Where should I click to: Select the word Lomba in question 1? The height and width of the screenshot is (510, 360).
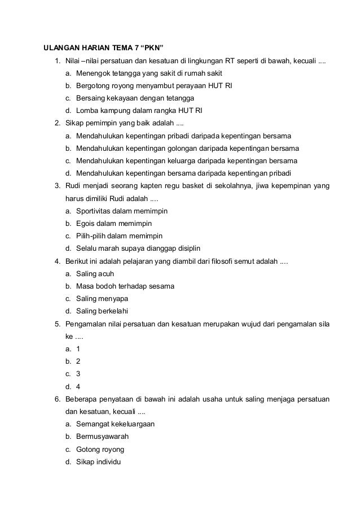(x=87, y=110)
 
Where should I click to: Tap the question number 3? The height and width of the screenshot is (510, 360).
(x=57, y=186)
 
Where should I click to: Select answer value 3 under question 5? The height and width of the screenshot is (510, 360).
(x=78, y=373)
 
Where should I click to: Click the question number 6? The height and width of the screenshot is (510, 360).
(x=57, y=399)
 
